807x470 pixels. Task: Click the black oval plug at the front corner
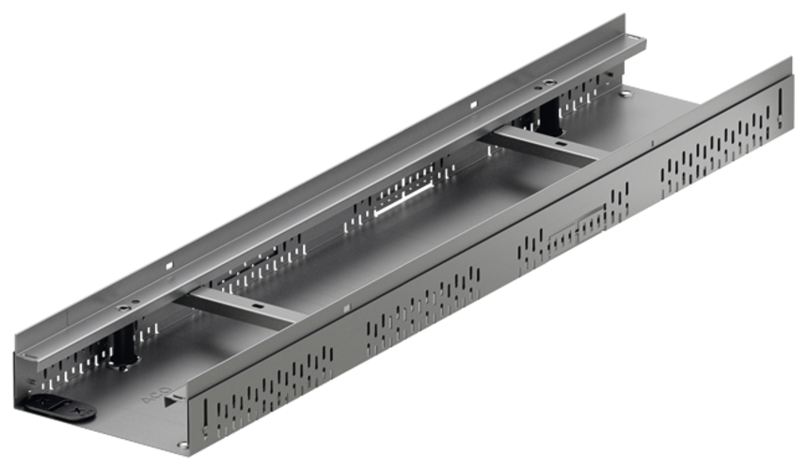coord(59,408)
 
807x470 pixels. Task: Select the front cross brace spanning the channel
coord(239,307)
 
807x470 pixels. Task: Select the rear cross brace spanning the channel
coord(546,147)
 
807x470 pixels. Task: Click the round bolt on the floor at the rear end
coord(624,94)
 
